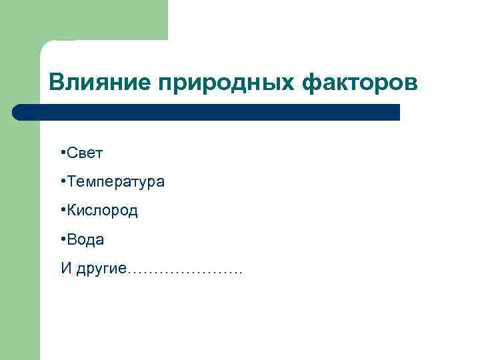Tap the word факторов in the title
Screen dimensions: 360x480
[x=362, y=83]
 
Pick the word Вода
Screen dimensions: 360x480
[x=85, y=239]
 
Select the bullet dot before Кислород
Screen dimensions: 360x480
[x=61, y=210]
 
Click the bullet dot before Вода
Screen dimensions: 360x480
[x=61, y=239]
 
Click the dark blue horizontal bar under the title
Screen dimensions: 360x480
[x=207, y=112]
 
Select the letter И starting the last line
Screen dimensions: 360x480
[x=65, y=268]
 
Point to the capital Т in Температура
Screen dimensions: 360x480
[x=70, y=181]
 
